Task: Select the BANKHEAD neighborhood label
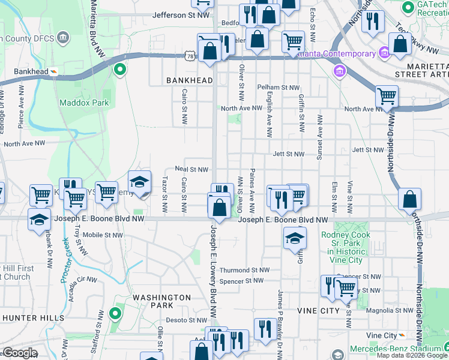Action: [x=190, y=80]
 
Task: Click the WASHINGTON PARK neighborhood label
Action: [x=161, y=302]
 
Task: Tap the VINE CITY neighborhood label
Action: [x=318, y=311]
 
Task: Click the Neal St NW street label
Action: [x=191, y=170]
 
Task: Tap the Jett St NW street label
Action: [x=288, y=154]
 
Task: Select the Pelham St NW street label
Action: [x=278, y=87]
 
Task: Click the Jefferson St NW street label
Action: [x=182, y=15]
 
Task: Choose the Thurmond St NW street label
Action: [x=244, y=271]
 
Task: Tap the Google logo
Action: [x=19, y=353]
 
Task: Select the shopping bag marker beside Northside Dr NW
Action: [x=409, y=200]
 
